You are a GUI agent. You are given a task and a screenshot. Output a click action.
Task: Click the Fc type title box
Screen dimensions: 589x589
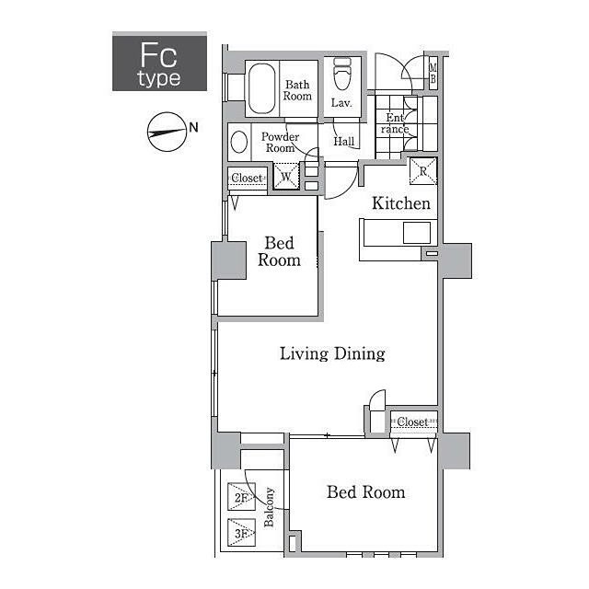[x=159, y=62]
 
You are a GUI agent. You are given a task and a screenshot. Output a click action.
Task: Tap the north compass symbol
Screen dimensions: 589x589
[x=167, y=132]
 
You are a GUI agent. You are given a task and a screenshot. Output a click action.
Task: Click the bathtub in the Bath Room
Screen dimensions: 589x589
[x=261, y=88]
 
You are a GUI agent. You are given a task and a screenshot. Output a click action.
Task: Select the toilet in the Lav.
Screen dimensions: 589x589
[x=341, y=74]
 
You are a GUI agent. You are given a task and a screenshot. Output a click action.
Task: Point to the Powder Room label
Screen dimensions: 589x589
[x=280, y=143]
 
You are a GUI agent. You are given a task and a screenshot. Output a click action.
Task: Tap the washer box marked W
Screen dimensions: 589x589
[x=286, y=176]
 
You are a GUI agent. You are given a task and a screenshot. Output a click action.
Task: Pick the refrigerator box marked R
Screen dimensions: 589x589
[x=423, y=171]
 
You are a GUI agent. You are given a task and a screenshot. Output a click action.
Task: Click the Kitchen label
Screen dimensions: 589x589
[x=401, y=203]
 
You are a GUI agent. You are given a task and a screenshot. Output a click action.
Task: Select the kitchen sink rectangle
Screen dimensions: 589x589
[x=417, y=233]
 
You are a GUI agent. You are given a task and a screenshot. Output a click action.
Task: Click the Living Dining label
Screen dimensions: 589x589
[x=332, y=353]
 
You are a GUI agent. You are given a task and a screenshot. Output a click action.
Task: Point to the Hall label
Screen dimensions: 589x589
[x=343, y=141]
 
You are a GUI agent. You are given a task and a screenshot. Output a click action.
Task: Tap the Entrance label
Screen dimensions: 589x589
[x=395, y=123]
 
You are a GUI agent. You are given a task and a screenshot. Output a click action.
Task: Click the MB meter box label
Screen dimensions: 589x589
[x=433, y=74]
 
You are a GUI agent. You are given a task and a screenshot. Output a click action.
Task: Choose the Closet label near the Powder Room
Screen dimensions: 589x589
[x=247, y=178]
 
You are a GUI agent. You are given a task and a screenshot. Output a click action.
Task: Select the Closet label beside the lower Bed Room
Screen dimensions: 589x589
[x=412, y=422]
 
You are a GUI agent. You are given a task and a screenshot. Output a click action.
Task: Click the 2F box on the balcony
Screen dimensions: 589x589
[x=241, y=497]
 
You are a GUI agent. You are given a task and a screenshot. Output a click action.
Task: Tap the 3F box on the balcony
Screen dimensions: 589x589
[x=241, y=533]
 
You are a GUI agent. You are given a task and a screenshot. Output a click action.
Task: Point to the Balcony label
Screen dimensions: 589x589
[x=269, y=507]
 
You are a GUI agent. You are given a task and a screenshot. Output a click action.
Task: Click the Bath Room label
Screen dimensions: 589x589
[x=297, y=90]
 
